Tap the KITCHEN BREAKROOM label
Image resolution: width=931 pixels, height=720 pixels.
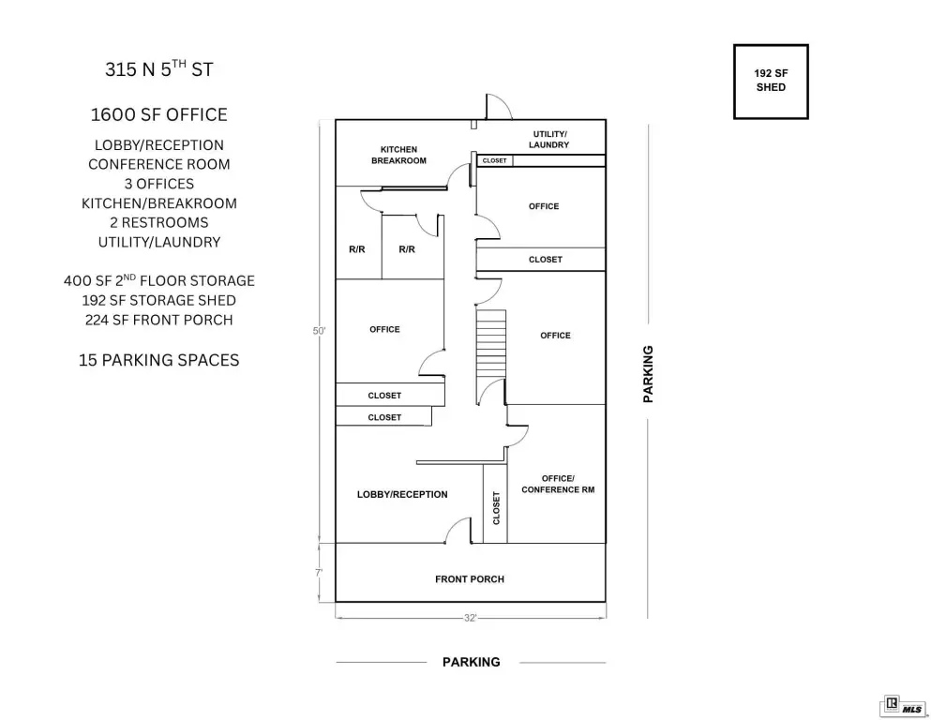pos(398,155)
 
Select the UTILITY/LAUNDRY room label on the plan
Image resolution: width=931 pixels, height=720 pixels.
pos(549,139)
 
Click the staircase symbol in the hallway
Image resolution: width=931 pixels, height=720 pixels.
pos(491,343)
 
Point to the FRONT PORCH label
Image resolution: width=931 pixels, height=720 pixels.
pos(470,578)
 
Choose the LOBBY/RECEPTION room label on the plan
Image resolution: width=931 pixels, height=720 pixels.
pos(402,494)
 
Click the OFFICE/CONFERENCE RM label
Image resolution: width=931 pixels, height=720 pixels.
pos(558,484)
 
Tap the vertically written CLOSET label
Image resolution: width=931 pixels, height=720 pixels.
pos(496,508)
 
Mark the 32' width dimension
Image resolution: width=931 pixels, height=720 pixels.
pos(471,618)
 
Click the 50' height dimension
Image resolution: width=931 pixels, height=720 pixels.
pos(319,331)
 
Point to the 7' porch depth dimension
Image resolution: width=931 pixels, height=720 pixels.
pos(319,573)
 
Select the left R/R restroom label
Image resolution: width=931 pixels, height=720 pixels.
pos(357,249)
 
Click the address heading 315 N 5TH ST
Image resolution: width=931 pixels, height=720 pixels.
pos(159,68)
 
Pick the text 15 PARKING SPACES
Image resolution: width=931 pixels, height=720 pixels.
pos(159,360)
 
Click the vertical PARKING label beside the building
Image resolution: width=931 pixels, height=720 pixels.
pos(648,374)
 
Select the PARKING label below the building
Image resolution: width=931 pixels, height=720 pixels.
pos(472,662)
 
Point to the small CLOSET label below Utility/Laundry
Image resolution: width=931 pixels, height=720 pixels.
pos(495,160)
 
